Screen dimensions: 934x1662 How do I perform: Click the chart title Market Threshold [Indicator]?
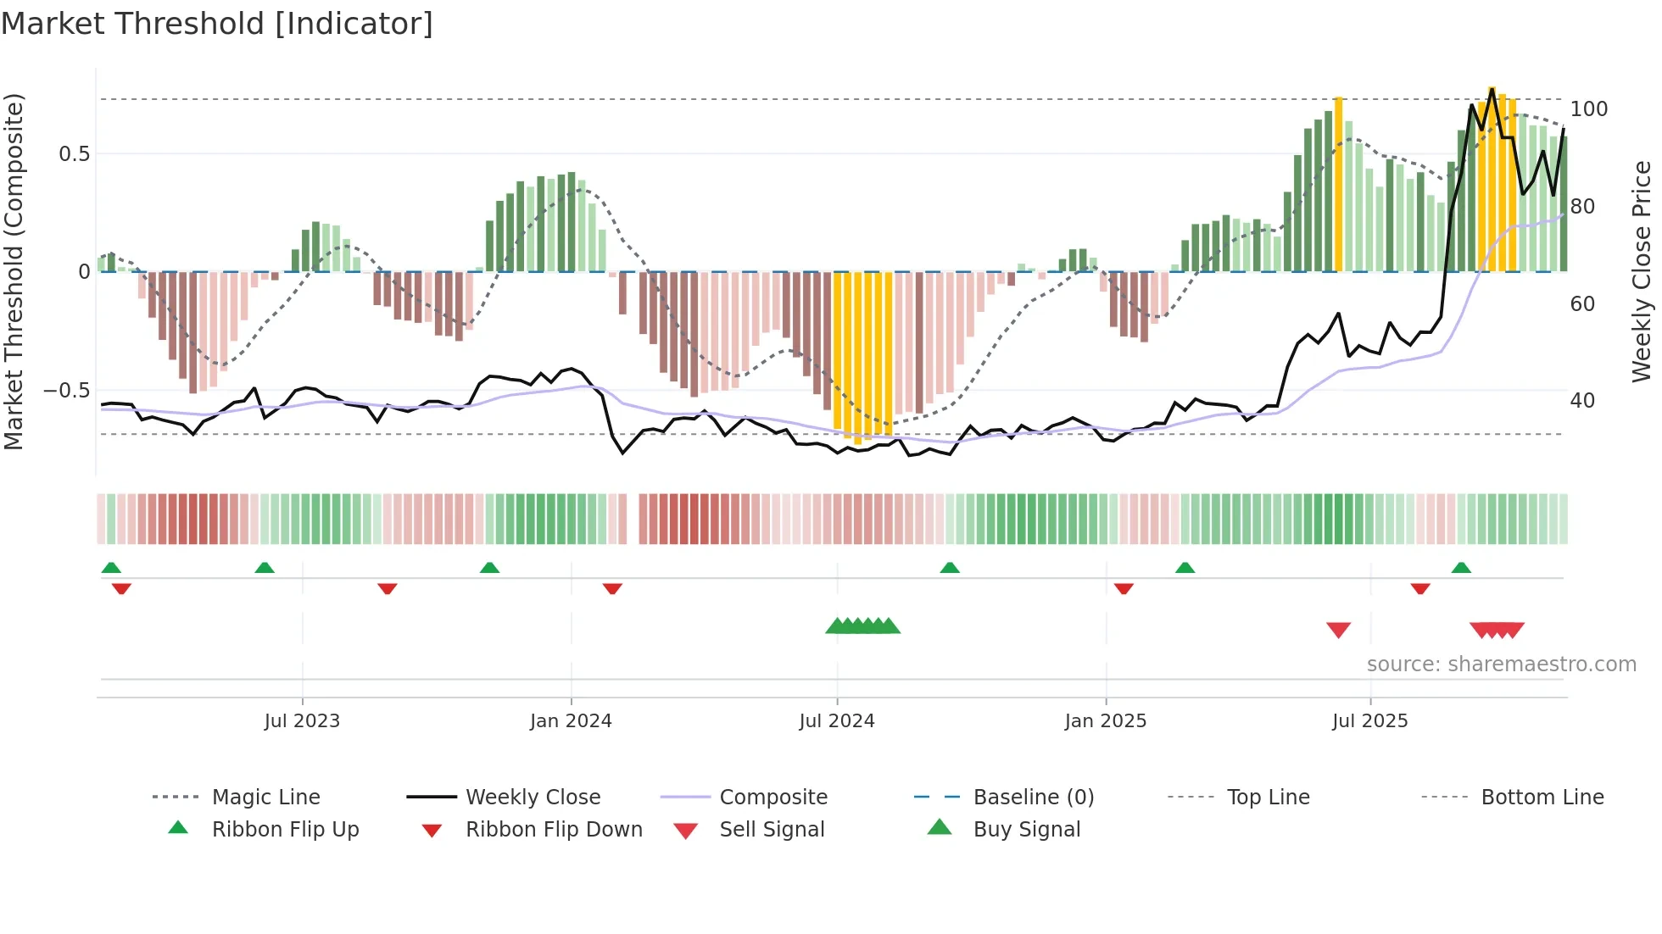(217, 24)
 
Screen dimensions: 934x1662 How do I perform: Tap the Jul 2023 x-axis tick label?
(302, 721)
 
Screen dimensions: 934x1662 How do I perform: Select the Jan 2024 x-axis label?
(571, 721)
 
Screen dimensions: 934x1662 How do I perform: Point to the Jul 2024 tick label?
(836, 721)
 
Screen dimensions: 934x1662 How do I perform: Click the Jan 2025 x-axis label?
(1105, 721)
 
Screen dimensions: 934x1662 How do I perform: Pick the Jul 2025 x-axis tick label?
(1369, 721)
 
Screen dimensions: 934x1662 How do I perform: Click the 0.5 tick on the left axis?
(74, 154)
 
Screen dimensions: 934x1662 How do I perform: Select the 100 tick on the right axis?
(1588, 109)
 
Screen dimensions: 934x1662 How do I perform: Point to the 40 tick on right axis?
(1582, 401)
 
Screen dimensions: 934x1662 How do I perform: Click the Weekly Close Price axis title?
(1642, 271)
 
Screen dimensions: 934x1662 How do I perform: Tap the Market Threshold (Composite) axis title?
(14, 271)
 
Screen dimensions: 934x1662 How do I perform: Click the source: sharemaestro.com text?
(1501, 664)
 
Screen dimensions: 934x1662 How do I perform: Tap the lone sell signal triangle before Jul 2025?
(1338, 630)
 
